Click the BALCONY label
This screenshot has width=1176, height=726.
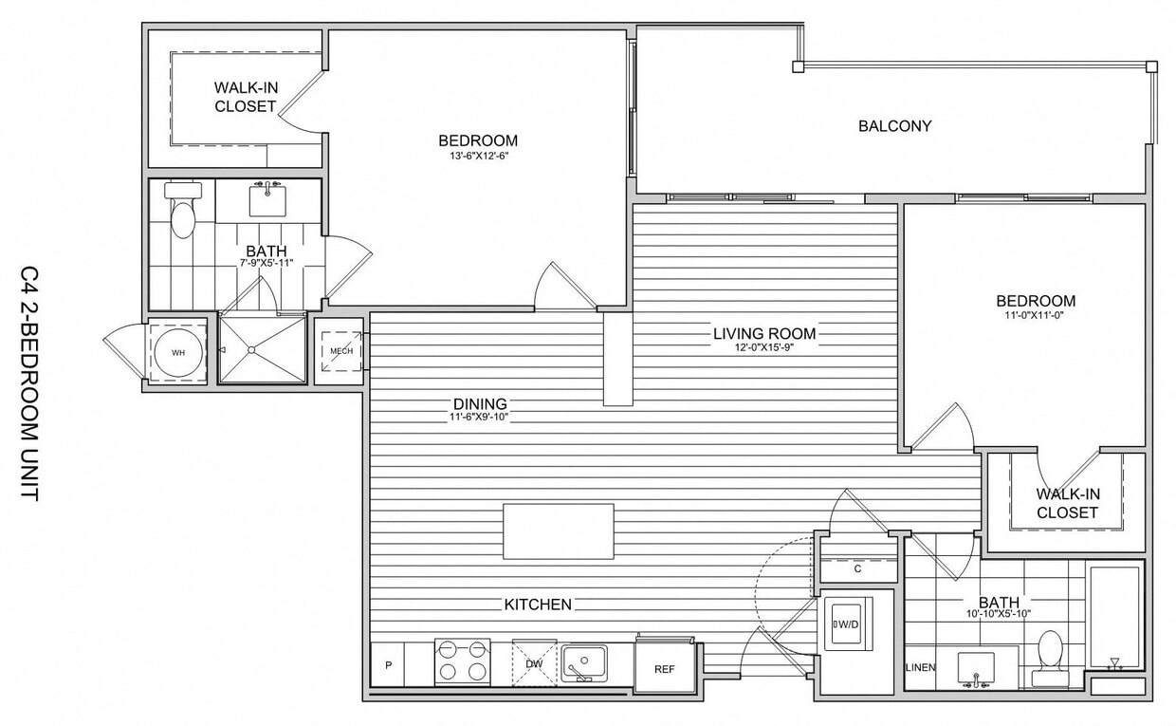point(894,125)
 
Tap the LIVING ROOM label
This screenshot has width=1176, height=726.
point(764,334)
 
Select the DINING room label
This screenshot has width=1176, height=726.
point(479,403)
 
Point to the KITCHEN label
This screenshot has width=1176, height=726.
point(537,605)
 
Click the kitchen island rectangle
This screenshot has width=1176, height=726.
point(559,531)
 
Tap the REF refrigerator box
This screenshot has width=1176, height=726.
point(664,669)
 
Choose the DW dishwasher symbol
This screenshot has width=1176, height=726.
point(534,662)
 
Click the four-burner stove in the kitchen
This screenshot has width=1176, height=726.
point(462,661)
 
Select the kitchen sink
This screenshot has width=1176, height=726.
point(583,661)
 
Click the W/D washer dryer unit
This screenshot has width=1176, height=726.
point(846,624)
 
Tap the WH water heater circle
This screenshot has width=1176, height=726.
point(178,352)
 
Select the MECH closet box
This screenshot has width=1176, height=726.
point(340,352)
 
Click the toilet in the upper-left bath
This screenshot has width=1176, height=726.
point(182,213)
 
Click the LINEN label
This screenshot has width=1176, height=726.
point(921,668)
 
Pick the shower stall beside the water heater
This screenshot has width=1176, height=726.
point(262,350)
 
